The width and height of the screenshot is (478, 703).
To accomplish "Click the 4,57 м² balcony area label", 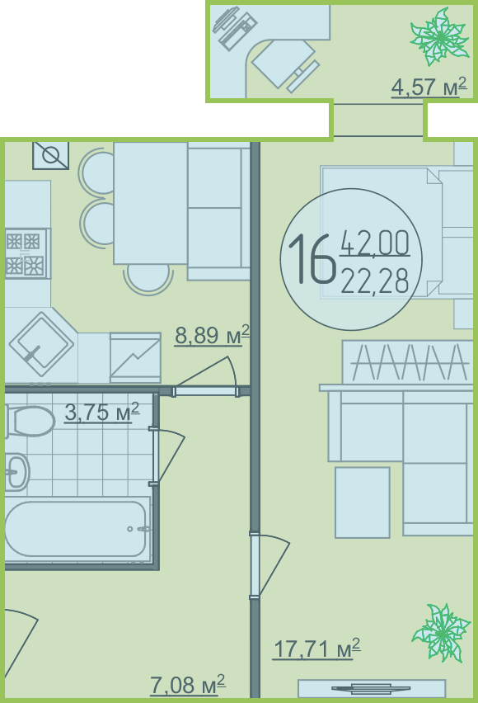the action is pyautogui.click(x=429, y=87).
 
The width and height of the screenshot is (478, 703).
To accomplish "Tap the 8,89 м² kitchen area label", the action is pyautogui.click(x=212, y=335).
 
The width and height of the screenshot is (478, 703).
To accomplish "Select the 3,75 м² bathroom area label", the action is pyautogui.click(x=102, y=412).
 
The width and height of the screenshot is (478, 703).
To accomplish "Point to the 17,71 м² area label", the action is pyautogui.click(x=316, y=649).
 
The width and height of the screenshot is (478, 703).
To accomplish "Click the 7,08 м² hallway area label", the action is pyautogui.click(x=188, y=685).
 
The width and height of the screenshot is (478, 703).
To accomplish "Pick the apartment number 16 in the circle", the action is pyautogui.click(x=312, y=260).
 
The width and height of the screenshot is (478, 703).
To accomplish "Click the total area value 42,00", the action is pyautogui.click(x=375, y=243).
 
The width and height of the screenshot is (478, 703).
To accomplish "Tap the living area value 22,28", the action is pyautogui.click(x=375, y=281).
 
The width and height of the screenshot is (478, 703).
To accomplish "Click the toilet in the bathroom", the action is pyautogui.click(x=30, y=421).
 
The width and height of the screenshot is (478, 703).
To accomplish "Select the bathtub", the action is pyautogui.click(x=77, y=530).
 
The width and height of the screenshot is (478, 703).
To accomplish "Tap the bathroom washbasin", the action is pyautogui.click(x=17, y=471).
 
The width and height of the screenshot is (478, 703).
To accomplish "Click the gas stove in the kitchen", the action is pyautogui.click(x=26, y=253).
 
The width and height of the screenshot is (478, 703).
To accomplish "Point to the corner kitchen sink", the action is pyautogui.click(x=41, y=344).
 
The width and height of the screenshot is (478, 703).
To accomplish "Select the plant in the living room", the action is pyautogui.click(x=441, y=632).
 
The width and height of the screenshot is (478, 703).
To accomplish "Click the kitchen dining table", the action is pyautogui.click(x=151, y=203).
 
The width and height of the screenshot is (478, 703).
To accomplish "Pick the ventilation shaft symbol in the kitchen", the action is pyautogui.click(x=50, y=156).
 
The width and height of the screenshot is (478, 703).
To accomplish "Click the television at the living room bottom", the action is pyautogui.click(x=372, y=688).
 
